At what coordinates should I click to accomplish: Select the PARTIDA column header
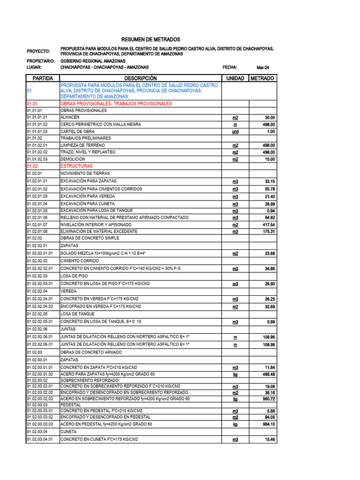coord(43,78)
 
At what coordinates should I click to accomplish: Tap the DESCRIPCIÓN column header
coord(140,78)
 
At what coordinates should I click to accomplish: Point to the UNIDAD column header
coord(235,78)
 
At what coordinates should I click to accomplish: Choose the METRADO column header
coord(262,78)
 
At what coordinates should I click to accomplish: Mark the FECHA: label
coord(230,67)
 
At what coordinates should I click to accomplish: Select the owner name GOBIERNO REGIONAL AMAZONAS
coord(93,61)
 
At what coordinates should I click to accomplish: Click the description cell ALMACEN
coord(70,117)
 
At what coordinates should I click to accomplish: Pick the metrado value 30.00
coord(270,118)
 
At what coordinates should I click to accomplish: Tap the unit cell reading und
coord(235,132)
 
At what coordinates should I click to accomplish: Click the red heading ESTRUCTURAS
coord(76,166)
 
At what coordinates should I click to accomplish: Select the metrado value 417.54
coord(269,225)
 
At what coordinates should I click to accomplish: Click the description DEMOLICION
coord(73,159)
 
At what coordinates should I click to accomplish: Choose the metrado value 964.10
coord(269,424)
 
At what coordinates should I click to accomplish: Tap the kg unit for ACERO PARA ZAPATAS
coord(235,375)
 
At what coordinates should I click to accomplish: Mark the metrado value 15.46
coord(269,440)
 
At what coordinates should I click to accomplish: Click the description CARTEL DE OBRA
coord(77,132)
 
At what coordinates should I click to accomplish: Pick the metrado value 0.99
coord(270,322)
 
